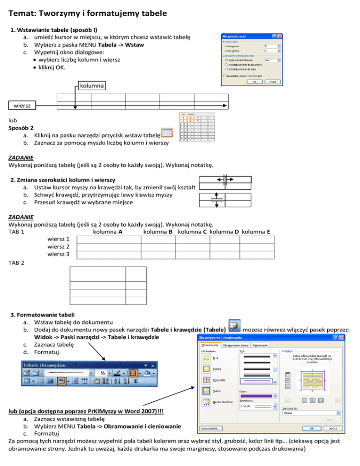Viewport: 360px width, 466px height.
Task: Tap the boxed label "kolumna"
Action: [91, 86]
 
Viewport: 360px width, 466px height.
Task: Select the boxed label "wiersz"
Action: [22, 106]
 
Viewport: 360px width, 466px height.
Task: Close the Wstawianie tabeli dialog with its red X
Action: [280, 36]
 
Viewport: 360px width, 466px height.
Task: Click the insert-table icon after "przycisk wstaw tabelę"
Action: [167, 133]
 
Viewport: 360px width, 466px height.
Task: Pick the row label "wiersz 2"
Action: [59, 247]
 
